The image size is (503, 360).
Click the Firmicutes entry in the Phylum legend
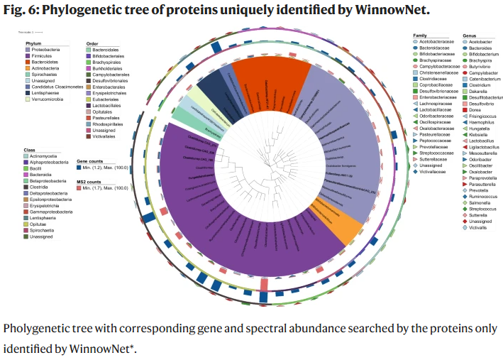pyautogui.click(x=40, y=55)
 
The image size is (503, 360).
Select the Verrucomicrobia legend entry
pyautogui.click(x=46, y=99)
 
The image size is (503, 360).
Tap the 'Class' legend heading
pyautogui.click(x=30, y=151)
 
